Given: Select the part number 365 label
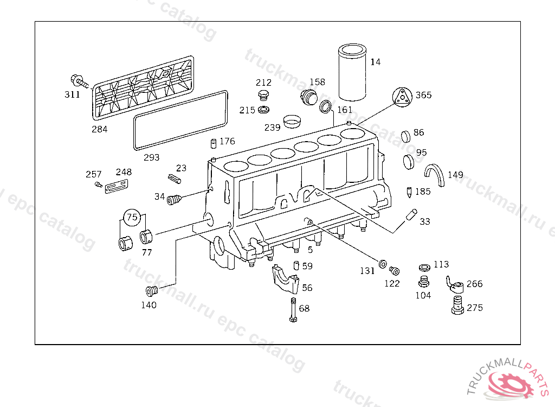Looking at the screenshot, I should (x=423, y=95).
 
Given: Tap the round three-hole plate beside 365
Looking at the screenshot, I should (x=403, y=97).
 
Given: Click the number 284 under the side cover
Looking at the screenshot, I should (x=99, y=129).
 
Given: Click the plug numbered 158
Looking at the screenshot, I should (x=309, y=99).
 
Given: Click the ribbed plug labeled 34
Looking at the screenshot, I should (x=174, y=200).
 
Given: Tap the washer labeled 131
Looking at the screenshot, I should (x=382, y=264).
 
